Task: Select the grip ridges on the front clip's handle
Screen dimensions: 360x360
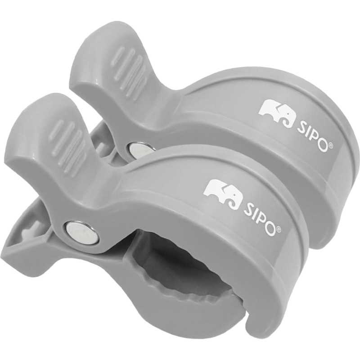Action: pyautogui.click(x=69, y=144)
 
